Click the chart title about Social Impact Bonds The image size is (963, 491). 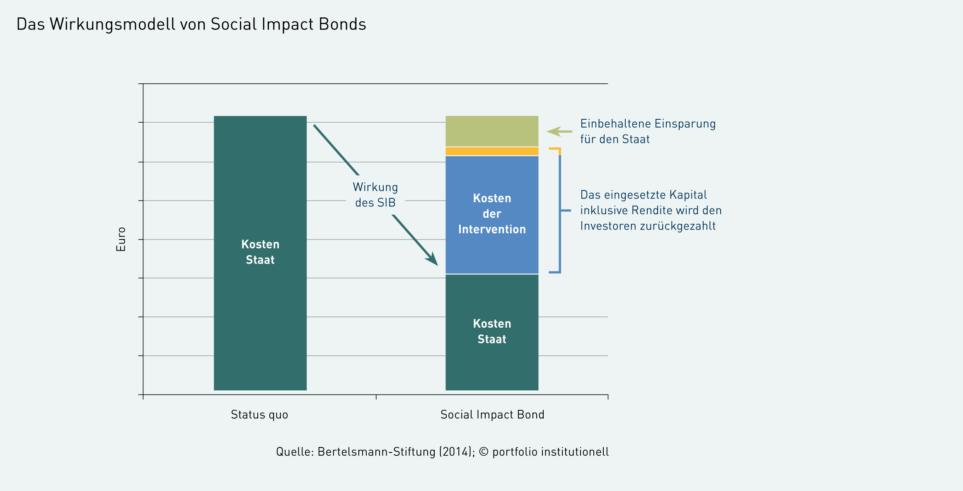point(191,24)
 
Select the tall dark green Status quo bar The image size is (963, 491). point(260,253)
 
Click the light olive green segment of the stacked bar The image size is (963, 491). point(492,131)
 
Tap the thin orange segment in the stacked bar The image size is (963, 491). point(492,151)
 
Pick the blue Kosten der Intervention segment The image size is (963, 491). point(492,215)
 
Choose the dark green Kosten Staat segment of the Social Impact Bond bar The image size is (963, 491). point(492,332)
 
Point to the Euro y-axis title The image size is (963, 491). point(121,239)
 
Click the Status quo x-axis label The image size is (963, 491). point(259,415)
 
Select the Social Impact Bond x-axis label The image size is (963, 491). point(492,415)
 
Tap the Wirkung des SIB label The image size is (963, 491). point(375,195)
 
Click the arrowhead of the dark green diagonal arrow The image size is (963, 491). point(433,259)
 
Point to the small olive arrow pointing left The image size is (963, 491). point(559,131)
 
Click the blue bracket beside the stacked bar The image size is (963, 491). point(560,210)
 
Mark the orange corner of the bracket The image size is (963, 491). point(559,149)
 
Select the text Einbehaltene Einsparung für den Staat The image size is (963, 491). point(648,131)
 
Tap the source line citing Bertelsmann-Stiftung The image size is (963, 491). point(443,452)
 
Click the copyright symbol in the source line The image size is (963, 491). point(484,452)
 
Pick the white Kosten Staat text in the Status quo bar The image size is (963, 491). point(260,252)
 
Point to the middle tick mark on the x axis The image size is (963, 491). point(376,397)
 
